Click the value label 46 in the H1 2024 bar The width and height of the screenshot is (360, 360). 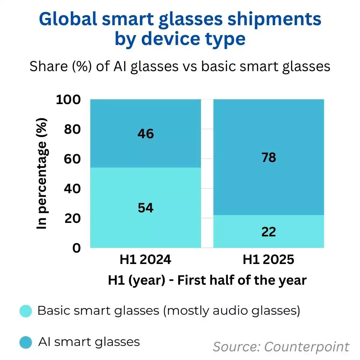(x=145, y=134)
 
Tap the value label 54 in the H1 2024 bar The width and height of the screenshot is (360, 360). (x=145, y=208)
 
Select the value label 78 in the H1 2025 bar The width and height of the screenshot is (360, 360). (x=268, y=157)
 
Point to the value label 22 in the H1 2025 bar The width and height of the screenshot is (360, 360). (x=268, y=232)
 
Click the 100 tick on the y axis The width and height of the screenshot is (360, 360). (x=68, y=100)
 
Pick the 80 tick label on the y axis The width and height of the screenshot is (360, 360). (x=72, y=129)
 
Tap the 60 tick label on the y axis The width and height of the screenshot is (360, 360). (x=72, y=159)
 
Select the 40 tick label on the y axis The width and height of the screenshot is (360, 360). (x=72, y=189)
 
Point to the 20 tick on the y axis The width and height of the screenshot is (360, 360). (x=72, y=218)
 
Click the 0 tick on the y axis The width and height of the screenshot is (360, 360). (x=76, y=248)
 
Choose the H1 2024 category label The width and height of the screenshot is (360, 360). (x=145, y=259)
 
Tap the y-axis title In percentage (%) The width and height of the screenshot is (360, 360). (x=42, y=174)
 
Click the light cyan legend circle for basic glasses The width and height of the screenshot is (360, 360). (x=26, y=311)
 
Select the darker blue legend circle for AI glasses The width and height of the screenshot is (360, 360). (x=26, y=342)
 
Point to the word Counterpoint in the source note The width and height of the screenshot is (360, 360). (x=307, y=347)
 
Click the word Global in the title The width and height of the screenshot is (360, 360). (x=68, y=19)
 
